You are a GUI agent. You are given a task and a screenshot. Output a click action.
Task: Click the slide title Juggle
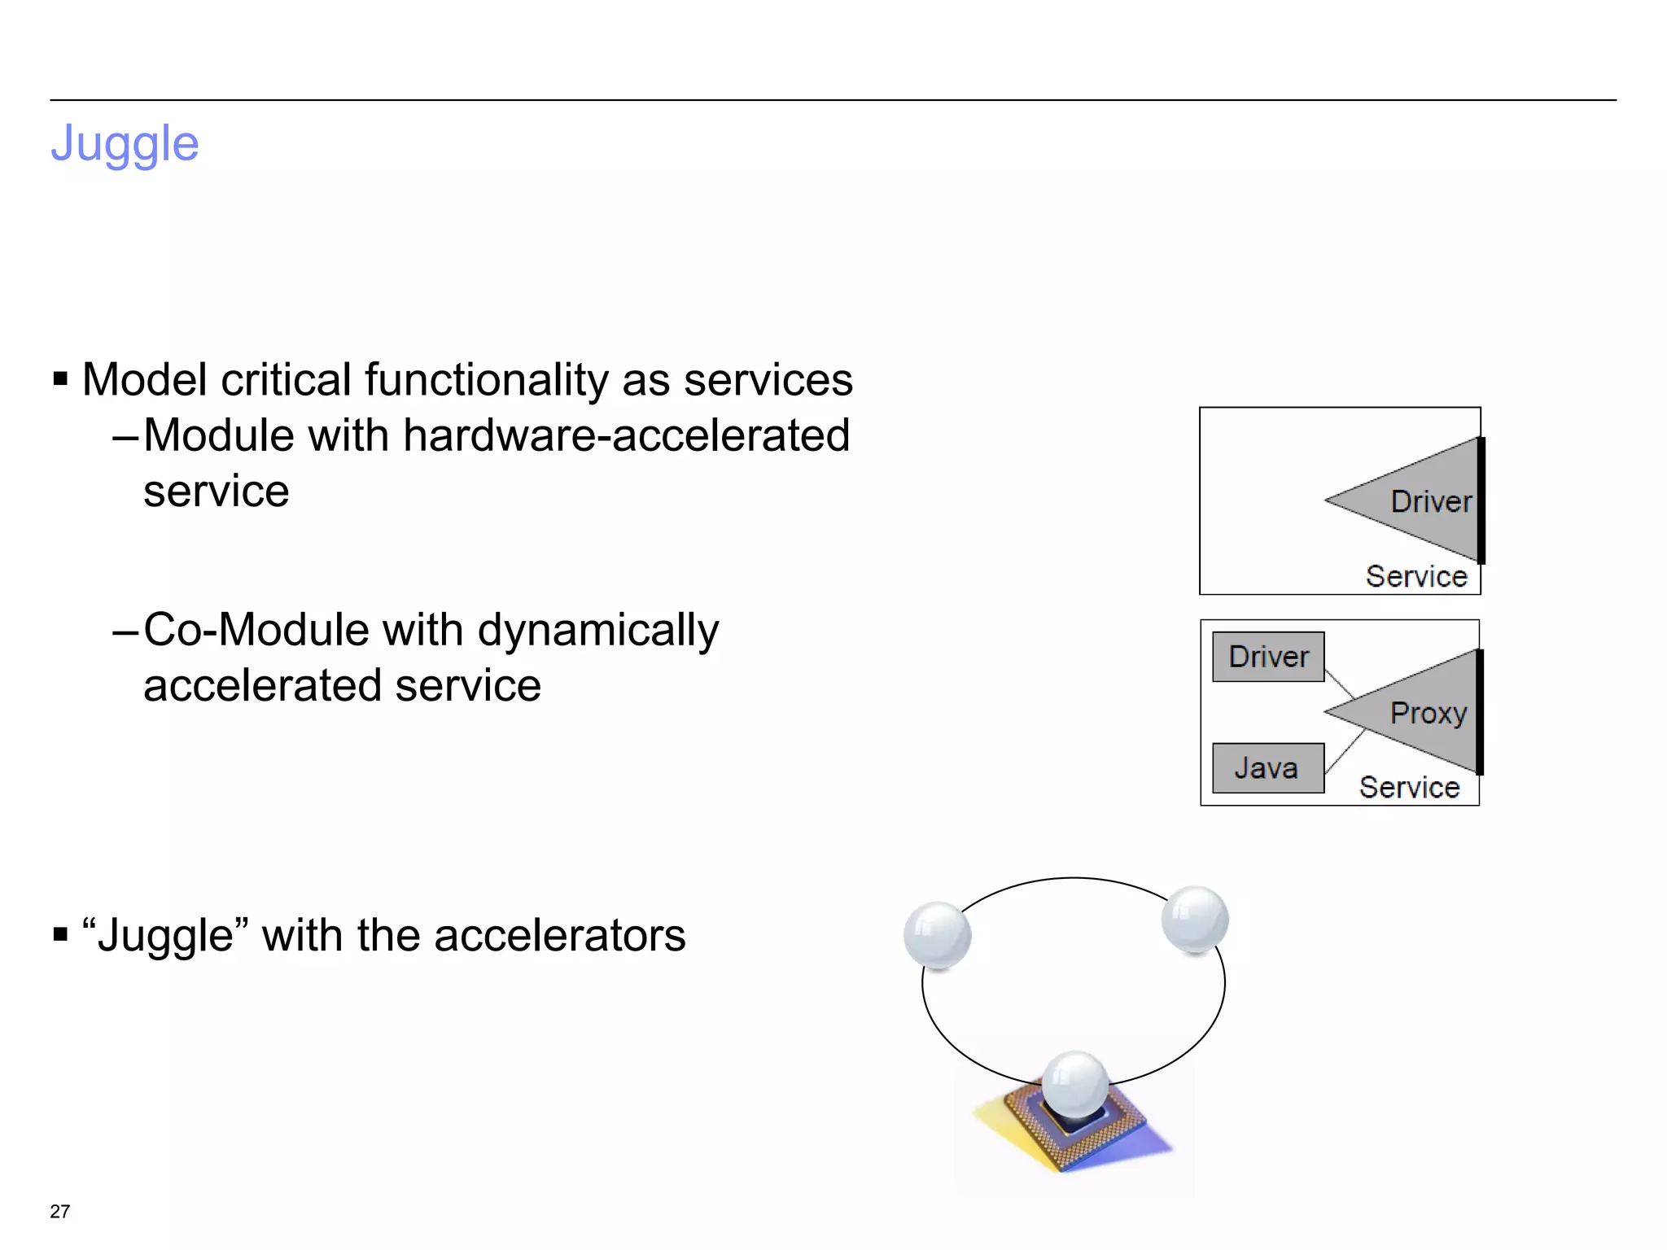[125, 145]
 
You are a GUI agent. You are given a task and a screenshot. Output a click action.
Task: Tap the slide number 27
[59, 1211]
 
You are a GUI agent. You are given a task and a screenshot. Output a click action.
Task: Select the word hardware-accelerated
[626, 435]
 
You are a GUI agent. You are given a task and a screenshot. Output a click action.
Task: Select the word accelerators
[559, 936]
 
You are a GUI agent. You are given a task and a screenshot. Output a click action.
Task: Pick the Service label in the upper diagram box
[1415, 576]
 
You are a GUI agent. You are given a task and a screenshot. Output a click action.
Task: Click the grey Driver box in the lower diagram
[1267, 657]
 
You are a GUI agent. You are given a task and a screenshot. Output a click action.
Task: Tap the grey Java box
[1267, 768]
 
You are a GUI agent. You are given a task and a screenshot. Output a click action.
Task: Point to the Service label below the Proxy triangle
[1409, 787]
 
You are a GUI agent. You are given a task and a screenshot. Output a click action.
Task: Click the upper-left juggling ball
[937, 935]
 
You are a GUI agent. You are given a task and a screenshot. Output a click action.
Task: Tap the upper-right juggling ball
[1194, 919]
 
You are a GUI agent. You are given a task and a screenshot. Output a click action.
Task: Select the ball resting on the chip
[1074, 1084]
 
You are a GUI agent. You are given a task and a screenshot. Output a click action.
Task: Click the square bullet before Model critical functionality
[60, 378]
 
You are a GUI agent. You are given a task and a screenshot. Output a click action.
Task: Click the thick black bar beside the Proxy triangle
[1480, 712]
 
